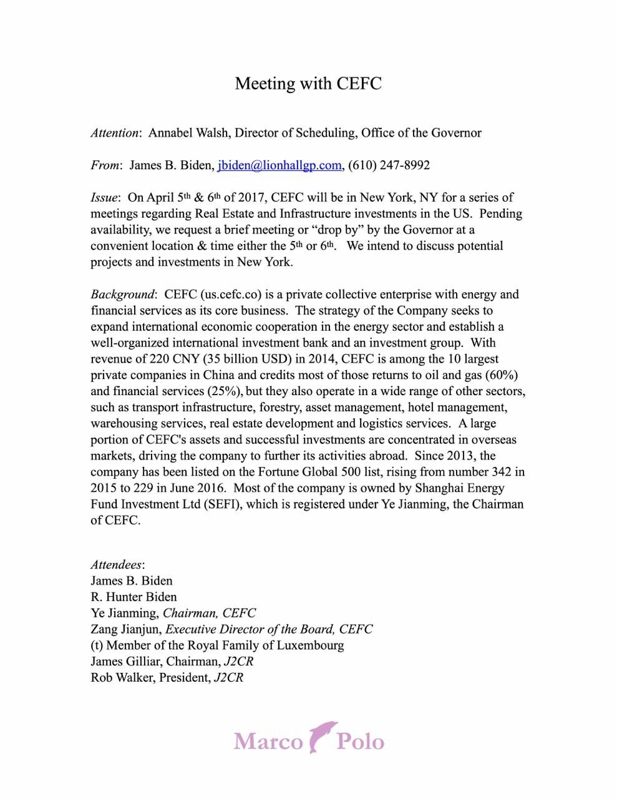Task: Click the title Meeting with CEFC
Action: point(308,84)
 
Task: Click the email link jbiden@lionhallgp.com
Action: point(279,165)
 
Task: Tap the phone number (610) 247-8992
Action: point(389,165)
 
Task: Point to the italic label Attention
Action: point(115,133)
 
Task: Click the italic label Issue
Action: point(104,198)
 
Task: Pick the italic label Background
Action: point(122,295)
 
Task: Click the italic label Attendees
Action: point(116,565)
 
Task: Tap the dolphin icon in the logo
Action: point(321,737)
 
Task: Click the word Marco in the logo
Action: point(268,742)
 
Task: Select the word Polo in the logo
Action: point(360,742)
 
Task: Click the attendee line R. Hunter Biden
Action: point(134,597)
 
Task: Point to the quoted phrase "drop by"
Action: point(337,230)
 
